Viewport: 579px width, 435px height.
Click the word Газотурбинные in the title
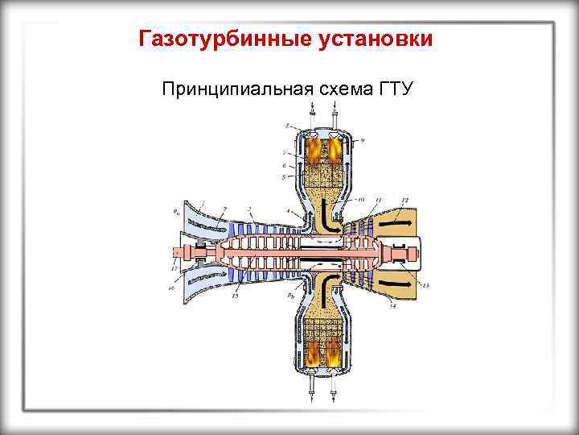tap(211, 39)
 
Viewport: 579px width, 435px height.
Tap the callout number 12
tap(404, 199)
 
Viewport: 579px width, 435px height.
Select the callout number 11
tap(378, 199)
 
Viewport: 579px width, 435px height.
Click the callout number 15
tap(235, 296)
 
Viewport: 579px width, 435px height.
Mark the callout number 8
tap(287, 126)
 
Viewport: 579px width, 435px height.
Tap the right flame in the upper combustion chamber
tap(333, 150)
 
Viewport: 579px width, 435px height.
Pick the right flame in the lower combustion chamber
tap(333, 352)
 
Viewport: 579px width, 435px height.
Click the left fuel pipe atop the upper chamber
tap(311, 116)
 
